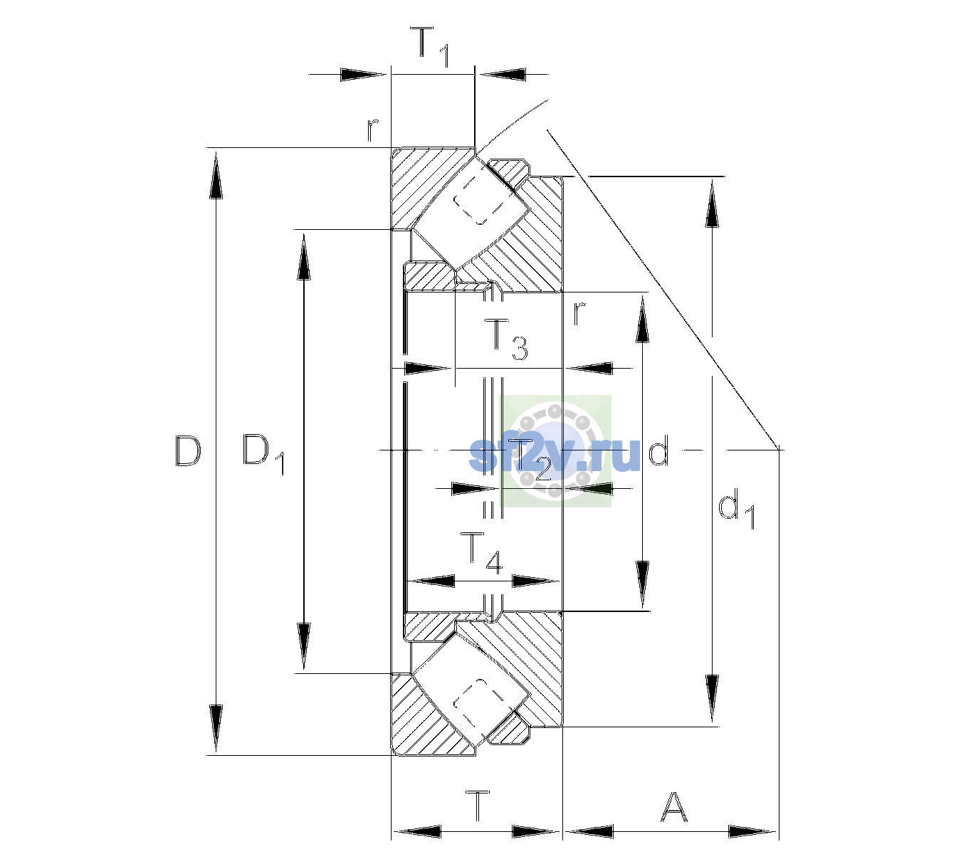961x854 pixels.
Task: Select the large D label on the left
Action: click(x=189, y=451)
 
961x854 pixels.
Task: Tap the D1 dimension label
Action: click(x=263, y=455)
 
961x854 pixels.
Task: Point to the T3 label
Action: click(x=505, y=340)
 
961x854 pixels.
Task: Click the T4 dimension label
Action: click(x=481, y=553)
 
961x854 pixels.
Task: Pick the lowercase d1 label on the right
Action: click(x=736, y=511)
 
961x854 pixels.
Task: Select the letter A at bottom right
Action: click(x=673, y=806)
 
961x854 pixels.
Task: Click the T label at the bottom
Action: click(x=478, y=806)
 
